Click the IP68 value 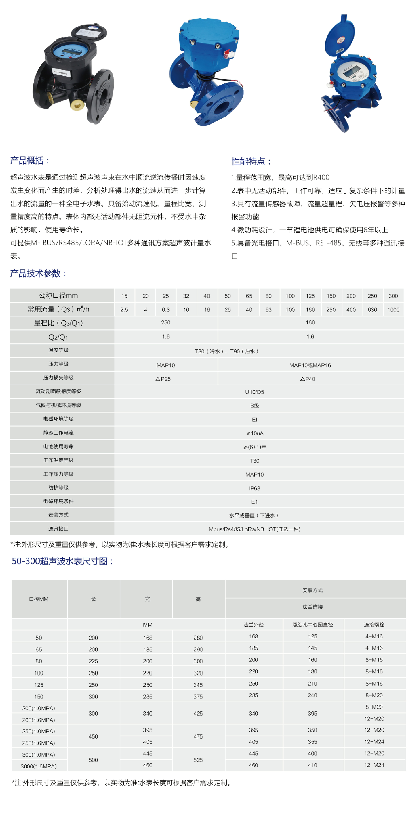(254, 488)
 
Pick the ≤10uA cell (254, 433)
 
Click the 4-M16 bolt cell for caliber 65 (374, 648)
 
